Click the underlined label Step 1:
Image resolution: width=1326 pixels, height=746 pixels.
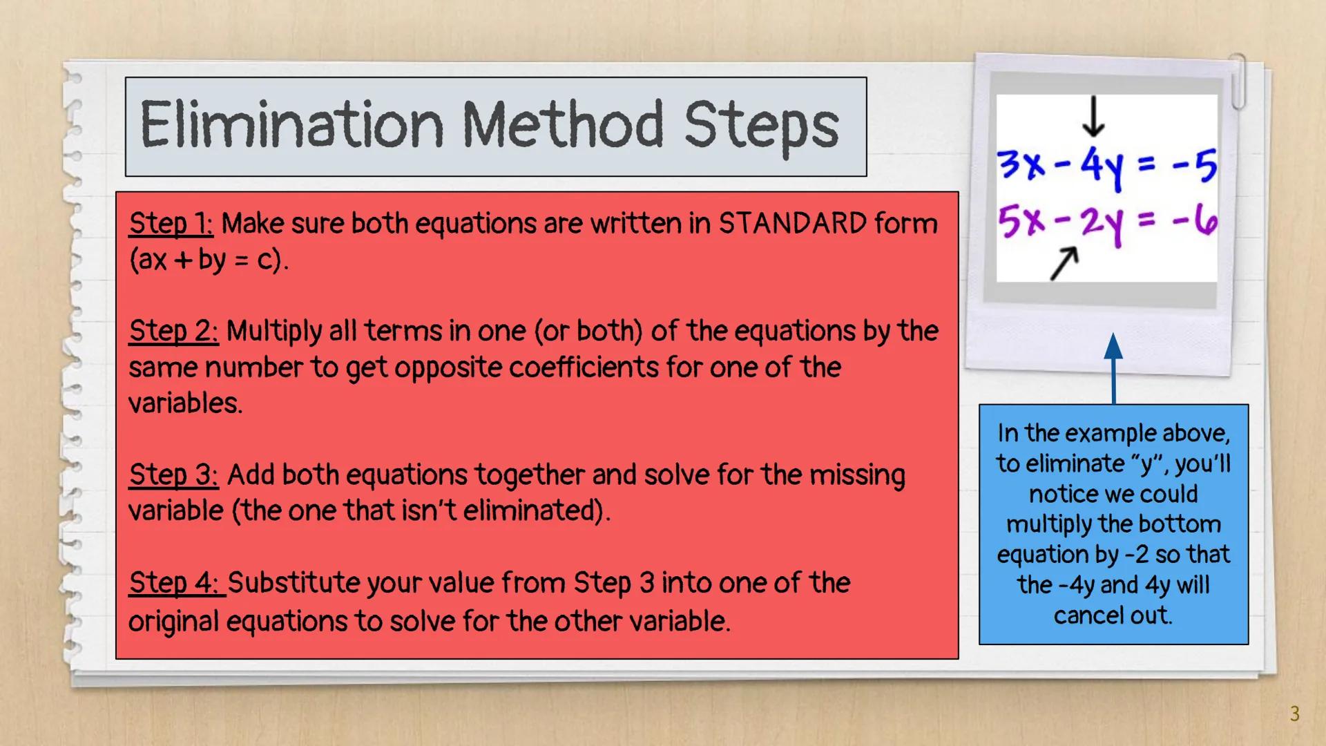click(171, 224)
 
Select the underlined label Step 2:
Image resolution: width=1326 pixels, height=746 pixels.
click(173, 332)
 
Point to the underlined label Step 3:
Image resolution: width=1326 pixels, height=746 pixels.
click(173, 475)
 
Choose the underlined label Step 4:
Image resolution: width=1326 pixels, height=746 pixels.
click(176, 583)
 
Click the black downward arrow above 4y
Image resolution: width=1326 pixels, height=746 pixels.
click(1093, 117)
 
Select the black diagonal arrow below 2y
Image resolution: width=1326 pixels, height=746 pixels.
click(1064, 264)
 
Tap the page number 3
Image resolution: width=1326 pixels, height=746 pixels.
click(1294, 714)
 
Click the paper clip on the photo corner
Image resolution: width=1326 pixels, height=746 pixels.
click(1238, 82)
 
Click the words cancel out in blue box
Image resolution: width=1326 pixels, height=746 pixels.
click(1113, 615)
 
